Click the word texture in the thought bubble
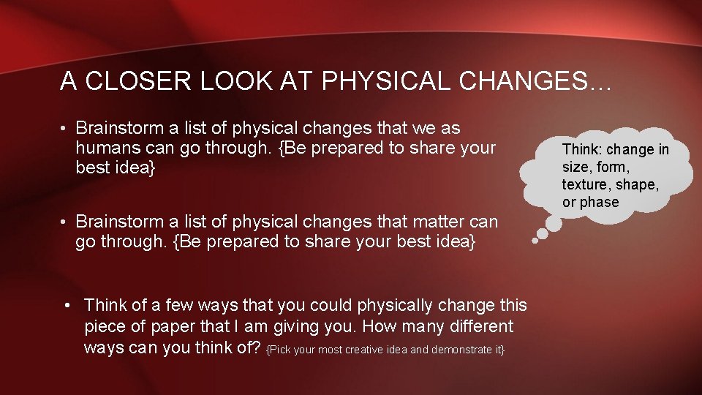(x=584, y=184)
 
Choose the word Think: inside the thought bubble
(x=581, y=149)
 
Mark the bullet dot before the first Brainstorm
(x=64, y=129)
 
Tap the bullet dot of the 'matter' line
(x=64, y=221)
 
